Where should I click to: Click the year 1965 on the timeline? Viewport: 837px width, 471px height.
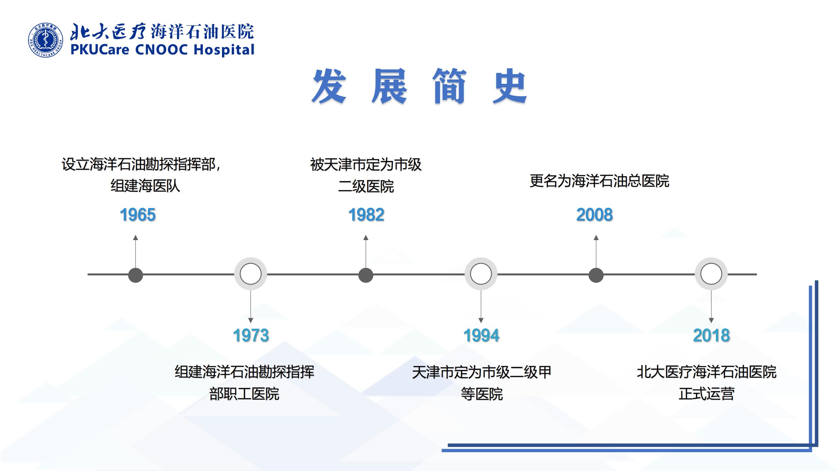138,215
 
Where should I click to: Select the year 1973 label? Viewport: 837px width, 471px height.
251,335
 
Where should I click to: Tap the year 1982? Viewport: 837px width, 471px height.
366,215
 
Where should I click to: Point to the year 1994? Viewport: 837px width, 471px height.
481,335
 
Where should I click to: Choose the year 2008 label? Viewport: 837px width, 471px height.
594,215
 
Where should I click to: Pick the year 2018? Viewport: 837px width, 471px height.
711,335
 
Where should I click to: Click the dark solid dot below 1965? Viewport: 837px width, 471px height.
136,275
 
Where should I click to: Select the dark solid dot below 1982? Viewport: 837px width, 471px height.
366,275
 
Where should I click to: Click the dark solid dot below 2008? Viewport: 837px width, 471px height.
596,275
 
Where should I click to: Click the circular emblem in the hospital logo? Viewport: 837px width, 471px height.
46,40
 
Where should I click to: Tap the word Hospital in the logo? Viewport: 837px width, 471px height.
224,50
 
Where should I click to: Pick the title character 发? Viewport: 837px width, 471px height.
329,86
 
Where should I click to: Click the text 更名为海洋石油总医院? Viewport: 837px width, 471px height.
599,181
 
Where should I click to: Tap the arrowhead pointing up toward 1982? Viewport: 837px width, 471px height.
366,237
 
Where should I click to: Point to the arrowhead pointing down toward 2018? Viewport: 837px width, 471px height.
711,321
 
